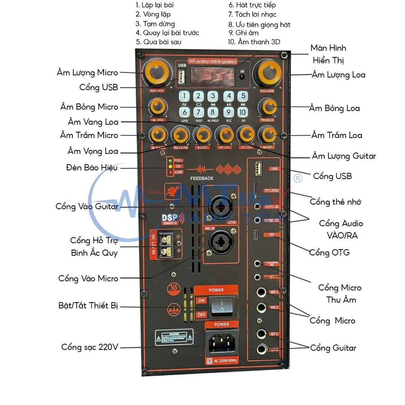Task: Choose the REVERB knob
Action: coord(181,135)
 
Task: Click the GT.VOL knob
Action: coord(246,134)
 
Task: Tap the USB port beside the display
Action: coord(181,76)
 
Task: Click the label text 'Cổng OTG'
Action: coord(329,252)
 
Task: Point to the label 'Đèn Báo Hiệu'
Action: coord(92,168)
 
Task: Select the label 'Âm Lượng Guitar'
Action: coord(344,156)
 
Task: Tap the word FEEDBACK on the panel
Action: coord(202,178)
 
